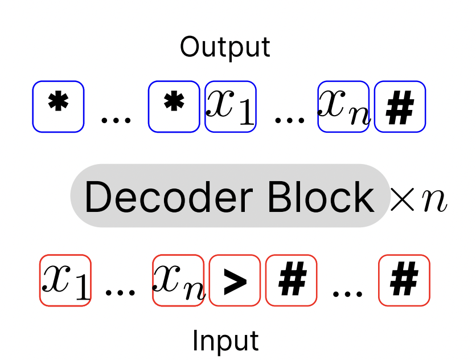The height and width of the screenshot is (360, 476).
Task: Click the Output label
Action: coord(225,47)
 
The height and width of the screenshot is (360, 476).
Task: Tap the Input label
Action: coord(225,341)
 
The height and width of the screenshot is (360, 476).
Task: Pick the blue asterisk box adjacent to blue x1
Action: coord(174,107)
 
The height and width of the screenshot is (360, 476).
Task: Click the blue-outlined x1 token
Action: coord(230,107)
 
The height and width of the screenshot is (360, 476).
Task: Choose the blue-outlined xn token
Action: coord(343,107)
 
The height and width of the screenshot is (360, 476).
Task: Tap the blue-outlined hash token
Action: coord(400,107)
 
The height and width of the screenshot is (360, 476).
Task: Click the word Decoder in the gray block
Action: coord(169,197)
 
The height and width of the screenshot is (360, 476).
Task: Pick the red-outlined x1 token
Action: coord(65,280)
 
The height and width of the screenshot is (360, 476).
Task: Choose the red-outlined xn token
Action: coord(178,280)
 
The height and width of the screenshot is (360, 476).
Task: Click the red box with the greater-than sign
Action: coord(235,280)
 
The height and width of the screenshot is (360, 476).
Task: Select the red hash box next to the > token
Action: coord(291,280)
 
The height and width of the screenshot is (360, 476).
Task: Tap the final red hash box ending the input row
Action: coord(404,280)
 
